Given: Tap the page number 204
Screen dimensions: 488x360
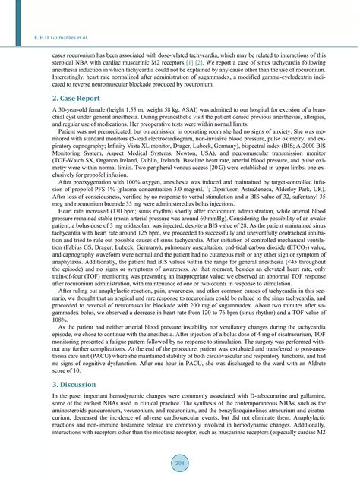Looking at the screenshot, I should pyautogui.click(x=180, y=464).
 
